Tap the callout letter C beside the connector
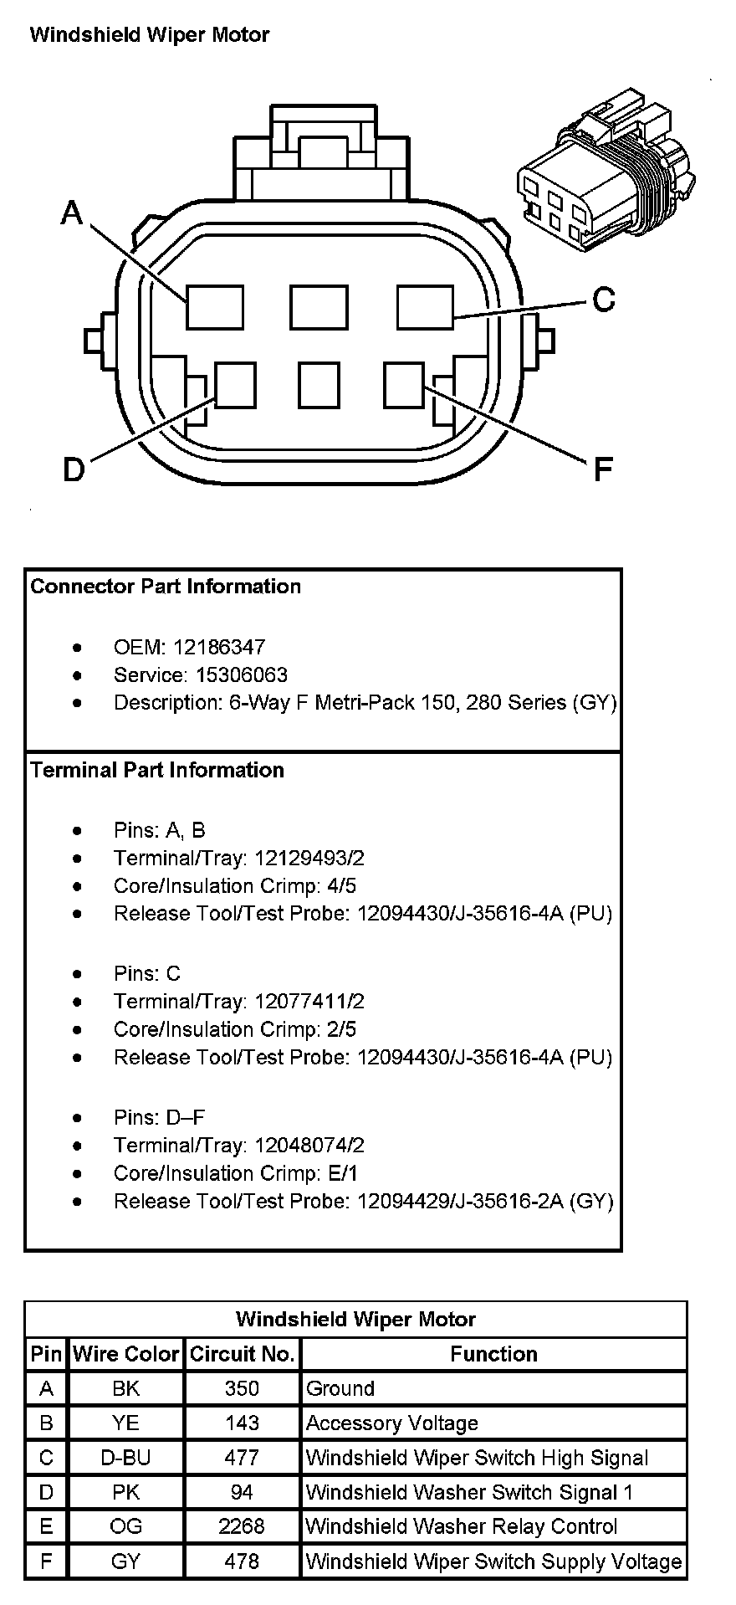(x=603, y=299)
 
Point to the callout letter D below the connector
(x=74, y=470)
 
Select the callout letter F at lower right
(x=603, y=470)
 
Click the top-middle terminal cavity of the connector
(x=319, y=307)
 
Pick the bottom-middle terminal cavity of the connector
(x=319, y=385)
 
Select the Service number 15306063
(x=242, y=674)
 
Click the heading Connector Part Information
(x=166, y=586)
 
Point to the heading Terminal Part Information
(x=157, y=770)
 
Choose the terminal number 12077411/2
(x=309, y=1001)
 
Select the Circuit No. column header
(x=242, y=1354)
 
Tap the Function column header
(x=493, y=1354)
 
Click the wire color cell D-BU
(x=125, y=1458)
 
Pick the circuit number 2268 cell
(x=242, y=1526)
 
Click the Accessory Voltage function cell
(x=392, y=1423)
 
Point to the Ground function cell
(x=340, y=1388)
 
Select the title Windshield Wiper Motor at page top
(x=150, y=35)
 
